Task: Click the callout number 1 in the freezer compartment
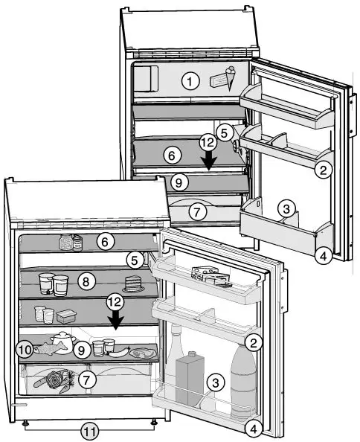tap(193, 81)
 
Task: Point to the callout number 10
tap(25, 348)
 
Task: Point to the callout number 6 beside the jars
tap(105, 241)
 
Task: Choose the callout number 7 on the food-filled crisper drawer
tap(87, 379)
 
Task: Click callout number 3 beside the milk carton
tap(215, 383)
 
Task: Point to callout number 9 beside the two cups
tap(82, 348)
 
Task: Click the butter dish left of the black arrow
tap(68, 316)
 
